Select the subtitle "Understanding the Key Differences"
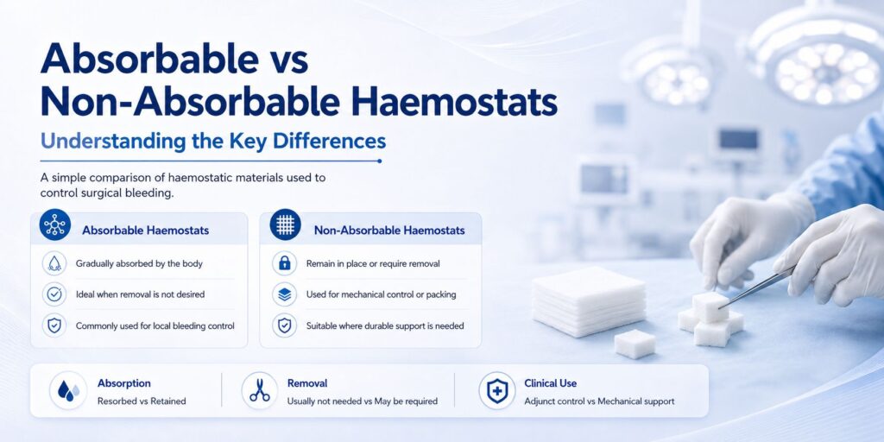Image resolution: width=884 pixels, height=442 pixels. [x=213, y=141]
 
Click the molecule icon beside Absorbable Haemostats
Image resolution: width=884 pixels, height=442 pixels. [x=55, y=225]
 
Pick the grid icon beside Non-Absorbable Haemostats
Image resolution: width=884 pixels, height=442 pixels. [x=285, y=225]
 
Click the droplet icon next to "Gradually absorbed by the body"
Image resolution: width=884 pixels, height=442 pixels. [x=54, y=263]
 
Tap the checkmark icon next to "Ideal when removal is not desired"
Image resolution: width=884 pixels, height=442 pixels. [x=54, y=294]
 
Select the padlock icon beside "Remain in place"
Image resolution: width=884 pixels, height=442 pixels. [x=285, y=263]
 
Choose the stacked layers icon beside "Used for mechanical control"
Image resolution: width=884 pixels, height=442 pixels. [x=285, y=294]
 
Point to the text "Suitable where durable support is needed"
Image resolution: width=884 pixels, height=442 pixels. [x=385, y=325]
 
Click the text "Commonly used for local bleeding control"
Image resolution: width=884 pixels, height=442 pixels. [x=155, y=325]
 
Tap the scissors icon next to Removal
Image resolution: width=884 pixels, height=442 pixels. [x=260, y=390]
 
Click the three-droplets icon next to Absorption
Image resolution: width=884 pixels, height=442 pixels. [x=68, y=390]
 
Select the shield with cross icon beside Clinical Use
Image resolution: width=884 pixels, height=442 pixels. [x=496, y=390]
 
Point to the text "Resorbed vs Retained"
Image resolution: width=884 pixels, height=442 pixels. [x=142, y=401]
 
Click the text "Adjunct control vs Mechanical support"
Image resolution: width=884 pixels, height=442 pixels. [x=599, y=401]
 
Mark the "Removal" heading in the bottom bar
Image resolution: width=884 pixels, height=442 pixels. [x=307, y=383]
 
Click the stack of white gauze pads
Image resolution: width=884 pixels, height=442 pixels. [x=588, y=301]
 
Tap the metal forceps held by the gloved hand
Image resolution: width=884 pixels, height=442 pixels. [x=756, y=287]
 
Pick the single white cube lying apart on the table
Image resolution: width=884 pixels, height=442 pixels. [x=635, y=344]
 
